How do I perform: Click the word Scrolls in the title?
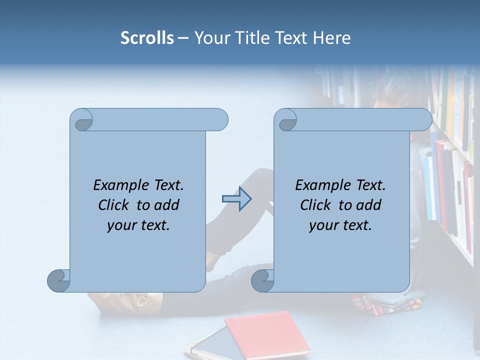[147, 38]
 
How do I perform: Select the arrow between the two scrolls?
[236, 199]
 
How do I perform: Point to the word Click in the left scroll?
[115, 205]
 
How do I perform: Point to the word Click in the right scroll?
[317, 205]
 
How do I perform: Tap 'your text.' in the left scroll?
[138, 225]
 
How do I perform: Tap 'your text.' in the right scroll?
[340, 225]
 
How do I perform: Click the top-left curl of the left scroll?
[82, 120]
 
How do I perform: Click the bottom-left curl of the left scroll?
[58, 280]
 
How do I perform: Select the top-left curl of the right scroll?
[286, 120]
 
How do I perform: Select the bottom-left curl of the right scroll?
[262, 280]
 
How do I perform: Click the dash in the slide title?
[183, 38]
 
